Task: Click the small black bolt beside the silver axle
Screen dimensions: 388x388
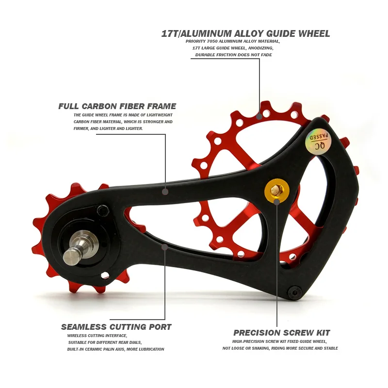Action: pos(103,210)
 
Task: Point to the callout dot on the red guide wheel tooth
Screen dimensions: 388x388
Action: pos(259,116)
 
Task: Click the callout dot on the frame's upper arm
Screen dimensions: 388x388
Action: pos(165,192)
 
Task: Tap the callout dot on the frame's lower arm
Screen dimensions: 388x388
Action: pos(165,247)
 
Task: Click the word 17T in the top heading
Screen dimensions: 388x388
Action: pos(170,34)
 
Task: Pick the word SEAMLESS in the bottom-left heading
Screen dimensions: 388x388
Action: pos(79,327)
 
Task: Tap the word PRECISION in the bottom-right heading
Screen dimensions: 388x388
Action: pos(253,333)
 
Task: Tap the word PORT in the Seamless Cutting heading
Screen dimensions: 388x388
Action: pos(160,327)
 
